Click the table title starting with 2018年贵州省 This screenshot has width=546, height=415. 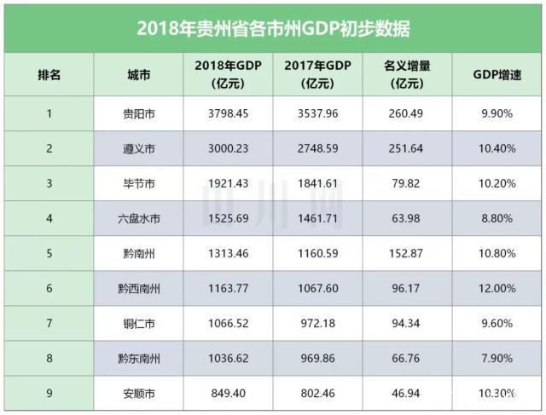(273, 28)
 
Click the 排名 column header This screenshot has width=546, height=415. (49, 75)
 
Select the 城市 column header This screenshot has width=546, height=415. (136, 75)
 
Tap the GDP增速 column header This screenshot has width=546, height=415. (497, 75)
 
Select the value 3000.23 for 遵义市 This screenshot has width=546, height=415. (227, 148)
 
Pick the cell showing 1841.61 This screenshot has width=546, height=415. (317, 183)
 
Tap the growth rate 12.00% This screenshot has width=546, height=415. (497, 289)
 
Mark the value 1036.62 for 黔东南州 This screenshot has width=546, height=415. (227, 359)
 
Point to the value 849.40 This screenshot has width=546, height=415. (227, 395)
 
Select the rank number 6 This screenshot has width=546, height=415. (49, 289)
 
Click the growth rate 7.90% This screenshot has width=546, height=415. (497, 359)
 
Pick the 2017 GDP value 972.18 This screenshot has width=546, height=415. (317, 324)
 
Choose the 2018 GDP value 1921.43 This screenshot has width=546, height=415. (227, 183)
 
